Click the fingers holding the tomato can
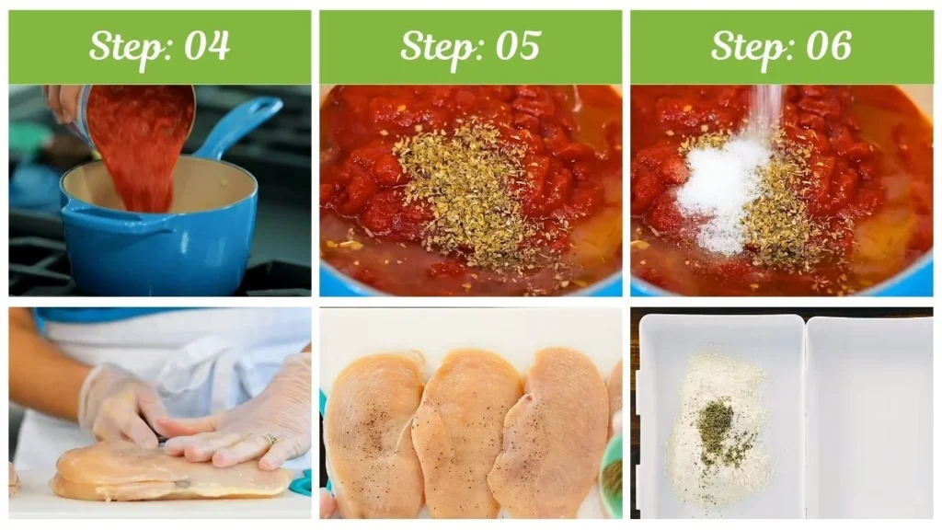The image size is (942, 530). tap(63, 103)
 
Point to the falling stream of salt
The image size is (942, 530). tap(763, 110)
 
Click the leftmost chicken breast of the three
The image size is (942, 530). tap(373, 432)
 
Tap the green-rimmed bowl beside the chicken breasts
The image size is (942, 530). tap(611, 478)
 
